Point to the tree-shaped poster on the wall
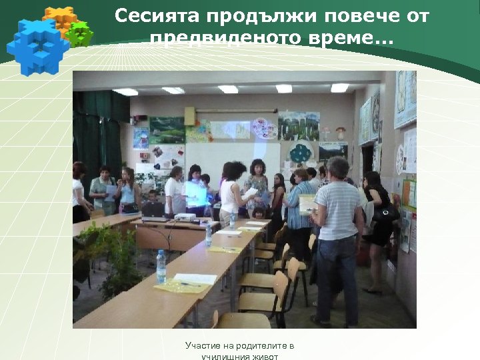click(301, 153)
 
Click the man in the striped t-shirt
click(337, 233)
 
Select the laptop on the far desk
click(153, 209)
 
